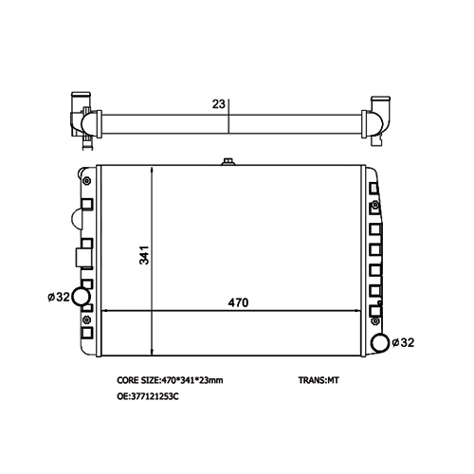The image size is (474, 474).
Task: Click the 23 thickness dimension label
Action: pyautogui.click(x=218, y=104)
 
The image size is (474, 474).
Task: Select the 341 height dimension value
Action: pyautogui.click(x=144, y=255)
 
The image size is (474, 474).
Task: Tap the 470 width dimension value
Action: pyautogui.click(x=238, y=302)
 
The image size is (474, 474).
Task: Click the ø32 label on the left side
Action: pyautogui.click(x=59, y=297)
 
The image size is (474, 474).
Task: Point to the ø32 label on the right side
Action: pyautogui.click(x=403, y=342)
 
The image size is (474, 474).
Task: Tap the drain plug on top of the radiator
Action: pyautogui.click(x=228, y=162)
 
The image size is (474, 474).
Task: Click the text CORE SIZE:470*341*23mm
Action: pyautogui.click(x=170, y=380)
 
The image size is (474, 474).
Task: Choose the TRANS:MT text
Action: pyautogui.click(x=319, y=380)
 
